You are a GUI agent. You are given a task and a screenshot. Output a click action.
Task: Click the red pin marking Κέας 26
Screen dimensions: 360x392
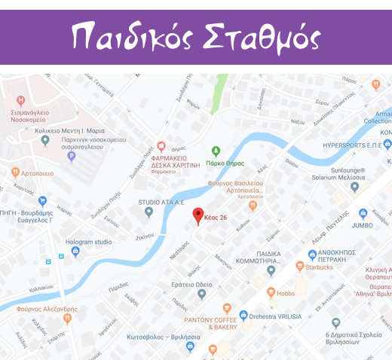198,214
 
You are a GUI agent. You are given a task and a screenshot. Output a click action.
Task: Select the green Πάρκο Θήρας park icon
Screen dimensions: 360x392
216,151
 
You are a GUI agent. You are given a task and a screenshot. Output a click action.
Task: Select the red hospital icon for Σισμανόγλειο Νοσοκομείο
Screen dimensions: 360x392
21,100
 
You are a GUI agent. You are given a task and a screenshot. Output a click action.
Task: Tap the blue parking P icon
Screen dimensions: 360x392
72,157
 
